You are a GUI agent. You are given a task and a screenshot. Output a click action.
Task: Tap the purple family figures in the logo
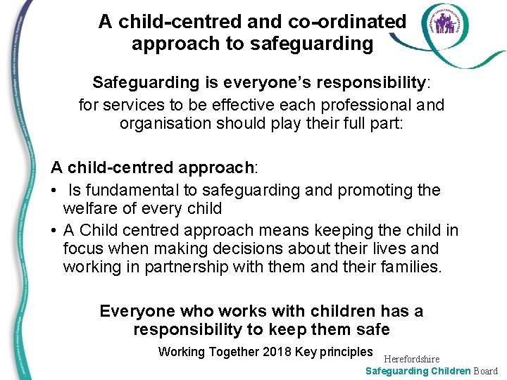(444, 25)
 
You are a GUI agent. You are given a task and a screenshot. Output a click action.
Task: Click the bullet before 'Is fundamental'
(54, 190)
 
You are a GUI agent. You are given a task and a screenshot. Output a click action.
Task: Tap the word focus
(83, 248)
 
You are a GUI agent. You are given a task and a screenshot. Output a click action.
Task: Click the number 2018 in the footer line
(276, 352)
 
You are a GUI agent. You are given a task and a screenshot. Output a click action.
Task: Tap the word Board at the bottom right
(485, 371)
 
